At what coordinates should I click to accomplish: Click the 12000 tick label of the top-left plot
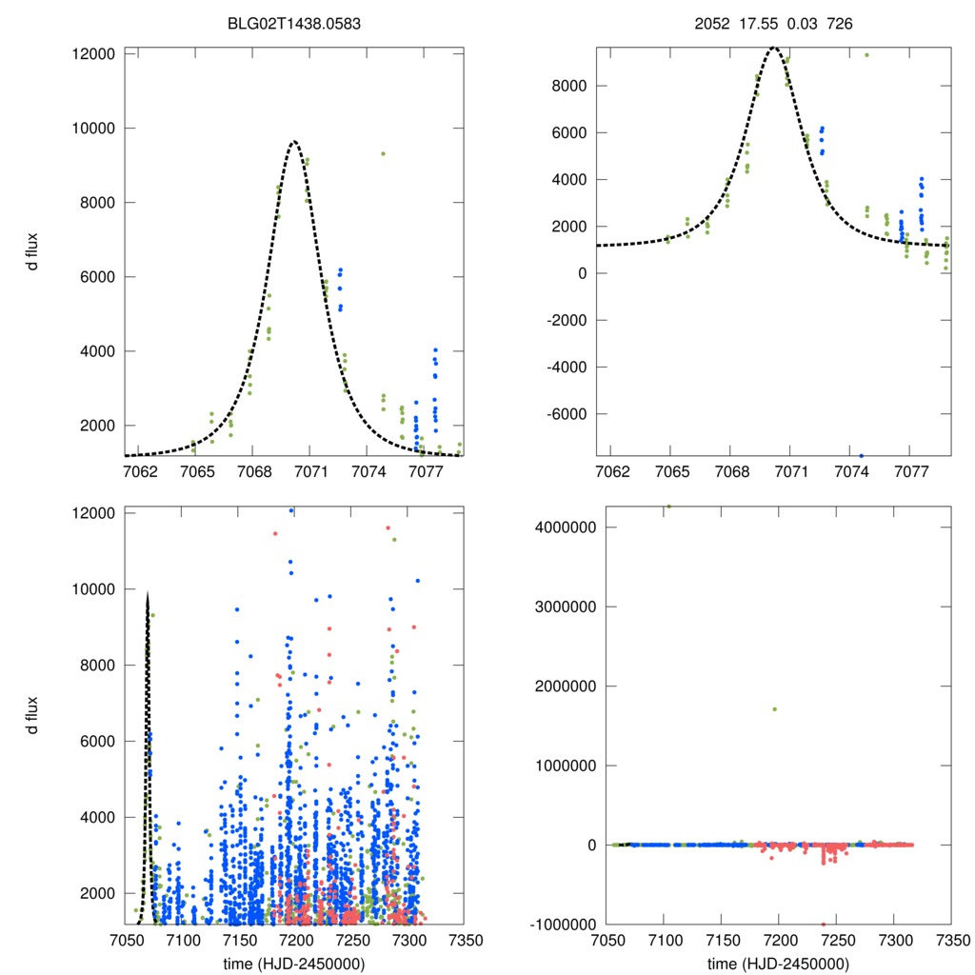(93, 53)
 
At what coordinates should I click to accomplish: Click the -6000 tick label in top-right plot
(569, 414)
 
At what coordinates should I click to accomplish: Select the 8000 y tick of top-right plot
(575, 86)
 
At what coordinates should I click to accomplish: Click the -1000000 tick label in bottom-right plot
(560, 925)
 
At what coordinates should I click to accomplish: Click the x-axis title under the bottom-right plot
(779, 962)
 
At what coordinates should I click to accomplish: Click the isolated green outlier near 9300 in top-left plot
(383, 153)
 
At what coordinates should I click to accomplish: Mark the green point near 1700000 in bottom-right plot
(774, 708)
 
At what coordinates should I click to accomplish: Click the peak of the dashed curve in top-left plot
(294, 141)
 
